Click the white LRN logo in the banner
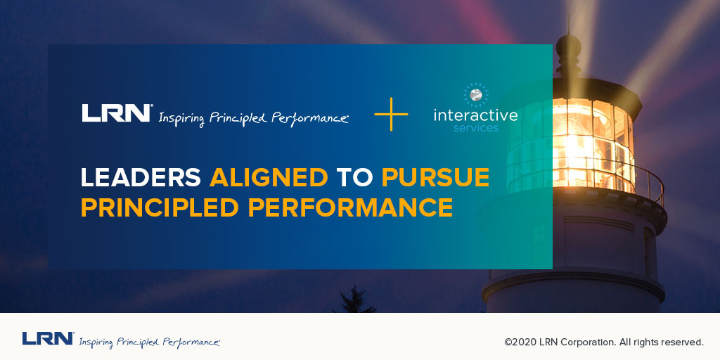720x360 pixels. (x=117, y=113)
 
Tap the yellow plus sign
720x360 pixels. (x=392, y=115)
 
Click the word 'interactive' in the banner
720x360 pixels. (x=475, y=115)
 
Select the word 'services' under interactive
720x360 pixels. (x=475, y=129)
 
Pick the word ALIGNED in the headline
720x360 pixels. (x=269, y=178)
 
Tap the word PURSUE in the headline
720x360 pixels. (x=435, y=178)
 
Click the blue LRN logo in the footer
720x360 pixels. (x=48, y=339)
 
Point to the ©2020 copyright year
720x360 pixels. (x=520, y=342)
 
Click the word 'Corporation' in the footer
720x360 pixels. (x=586, y=342)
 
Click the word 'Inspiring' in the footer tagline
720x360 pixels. (x=96, y=342)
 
